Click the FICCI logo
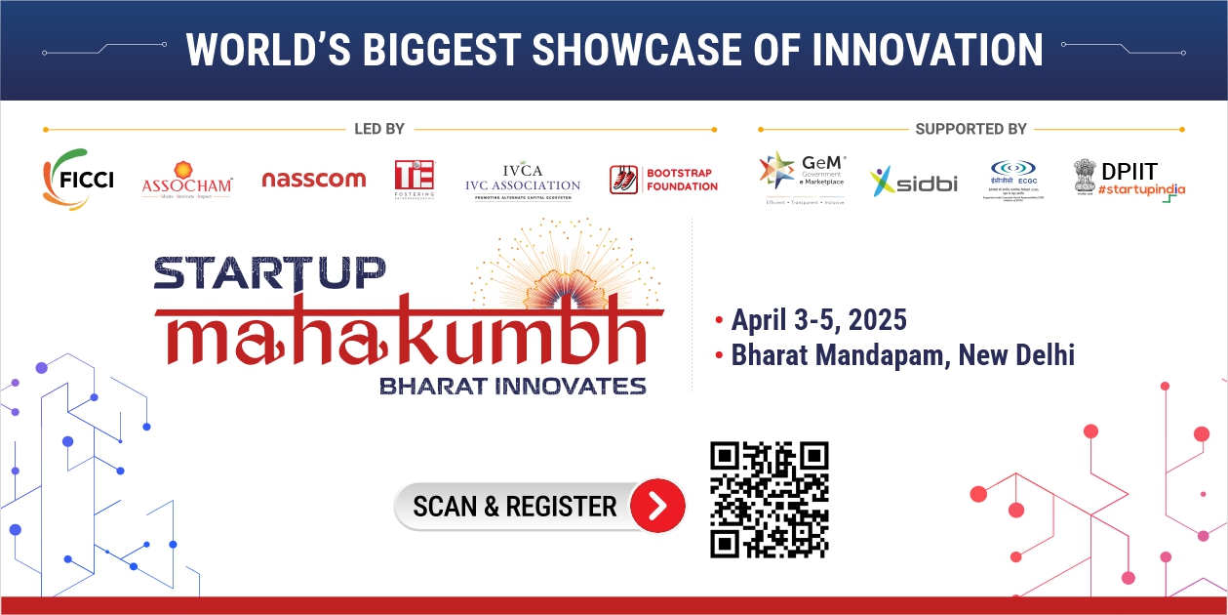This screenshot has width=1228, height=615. point(78,180)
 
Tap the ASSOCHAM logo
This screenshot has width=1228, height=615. point(187,181)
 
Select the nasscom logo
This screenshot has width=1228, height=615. point(313,180)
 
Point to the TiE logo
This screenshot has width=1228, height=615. point(415,180)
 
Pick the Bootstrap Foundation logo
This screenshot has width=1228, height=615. point(663,180)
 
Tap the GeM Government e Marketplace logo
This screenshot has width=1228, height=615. point(802,177)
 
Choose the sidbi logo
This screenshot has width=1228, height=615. point(914,182)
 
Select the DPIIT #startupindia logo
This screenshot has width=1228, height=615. point(1129,180)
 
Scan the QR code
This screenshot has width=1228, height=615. point(769,500)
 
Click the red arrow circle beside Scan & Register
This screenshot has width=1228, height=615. point(657,506)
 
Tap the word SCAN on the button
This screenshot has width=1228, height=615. point(445,507)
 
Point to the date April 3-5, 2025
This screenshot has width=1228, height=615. point(818,319)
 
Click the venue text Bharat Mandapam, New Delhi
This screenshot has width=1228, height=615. point(902,354)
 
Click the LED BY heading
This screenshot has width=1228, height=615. point(379,129)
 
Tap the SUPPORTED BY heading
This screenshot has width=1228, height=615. point(971,129)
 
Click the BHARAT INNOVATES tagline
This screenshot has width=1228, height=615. point(512,385)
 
